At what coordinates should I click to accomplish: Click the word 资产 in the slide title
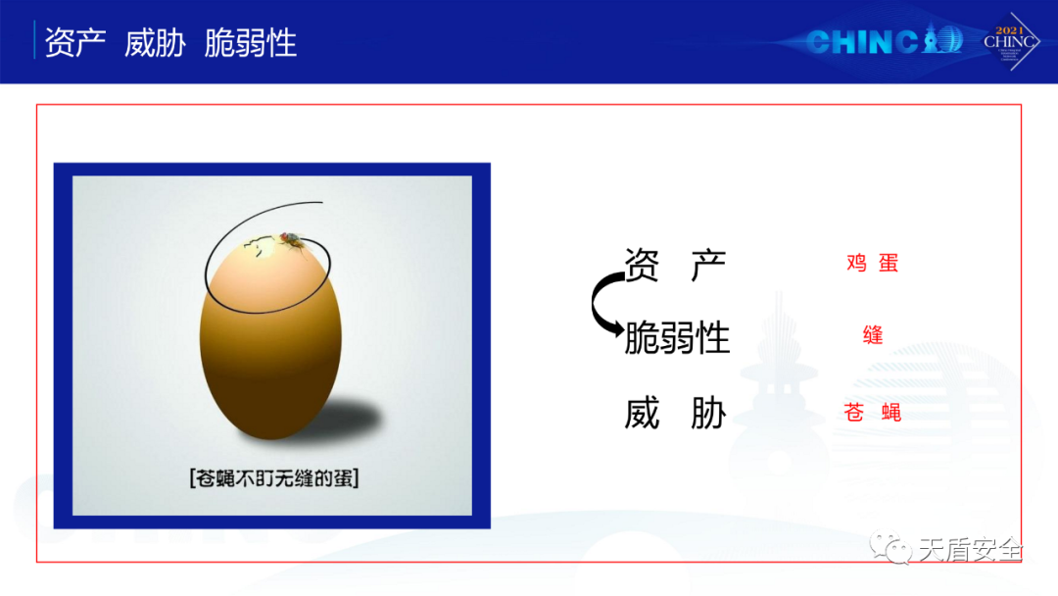coord(74,42)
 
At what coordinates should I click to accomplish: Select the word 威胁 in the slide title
coord(155,42)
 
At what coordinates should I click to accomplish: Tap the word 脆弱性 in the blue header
coord(251,42)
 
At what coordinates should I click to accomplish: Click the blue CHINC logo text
coord(884,41)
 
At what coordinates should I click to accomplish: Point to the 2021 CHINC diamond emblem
coord(1010,42)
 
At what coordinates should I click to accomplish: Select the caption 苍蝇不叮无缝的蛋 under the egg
coord(274,478)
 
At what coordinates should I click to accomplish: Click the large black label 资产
coord(675,264)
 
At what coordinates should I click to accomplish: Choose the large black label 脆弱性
coord(677,337)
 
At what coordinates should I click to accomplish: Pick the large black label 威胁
coord(675,413)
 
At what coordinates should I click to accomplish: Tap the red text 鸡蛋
coord(873,263)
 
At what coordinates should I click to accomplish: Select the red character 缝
coord(873,334)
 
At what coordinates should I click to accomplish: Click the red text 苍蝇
coord(873,412)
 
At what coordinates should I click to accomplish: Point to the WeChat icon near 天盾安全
coord(890,547)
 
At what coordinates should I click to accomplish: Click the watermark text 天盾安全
coord(970,550)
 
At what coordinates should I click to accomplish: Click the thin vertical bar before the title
coord(34,40)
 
